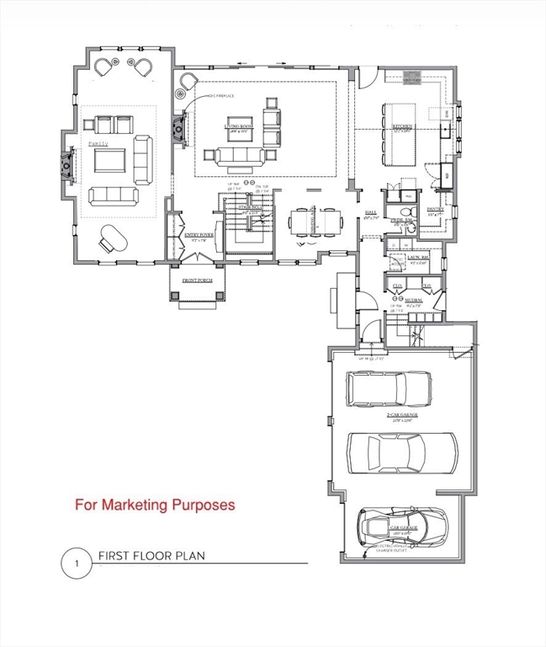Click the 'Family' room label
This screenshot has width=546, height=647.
(98, 144)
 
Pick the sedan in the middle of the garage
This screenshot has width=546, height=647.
(401, 452)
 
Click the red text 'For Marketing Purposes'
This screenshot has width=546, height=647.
(155, 505)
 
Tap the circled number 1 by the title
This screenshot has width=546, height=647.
(76, 563)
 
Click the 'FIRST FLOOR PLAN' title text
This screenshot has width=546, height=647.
(151, 556)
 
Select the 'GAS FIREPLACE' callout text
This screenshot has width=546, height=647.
(218, 97)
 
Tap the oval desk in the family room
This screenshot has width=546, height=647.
(109, 238)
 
